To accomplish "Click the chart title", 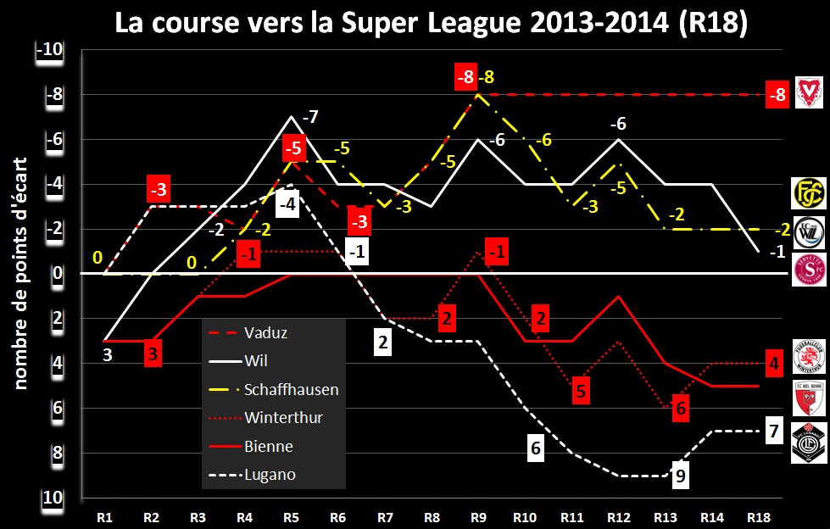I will [432, 24].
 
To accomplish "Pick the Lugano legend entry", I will [270, 475].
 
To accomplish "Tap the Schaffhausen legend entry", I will [290, 390].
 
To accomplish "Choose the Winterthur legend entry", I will [282, 418].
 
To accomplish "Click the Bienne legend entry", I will [269, 447].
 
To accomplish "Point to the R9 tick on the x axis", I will [478, 514].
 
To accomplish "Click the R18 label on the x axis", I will [759, 514].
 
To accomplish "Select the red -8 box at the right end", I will [777, 95].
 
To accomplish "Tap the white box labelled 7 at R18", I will [772, 432].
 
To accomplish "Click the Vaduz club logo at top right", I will [809, 91].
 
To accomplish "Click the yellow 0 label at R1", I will [98, 258].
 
